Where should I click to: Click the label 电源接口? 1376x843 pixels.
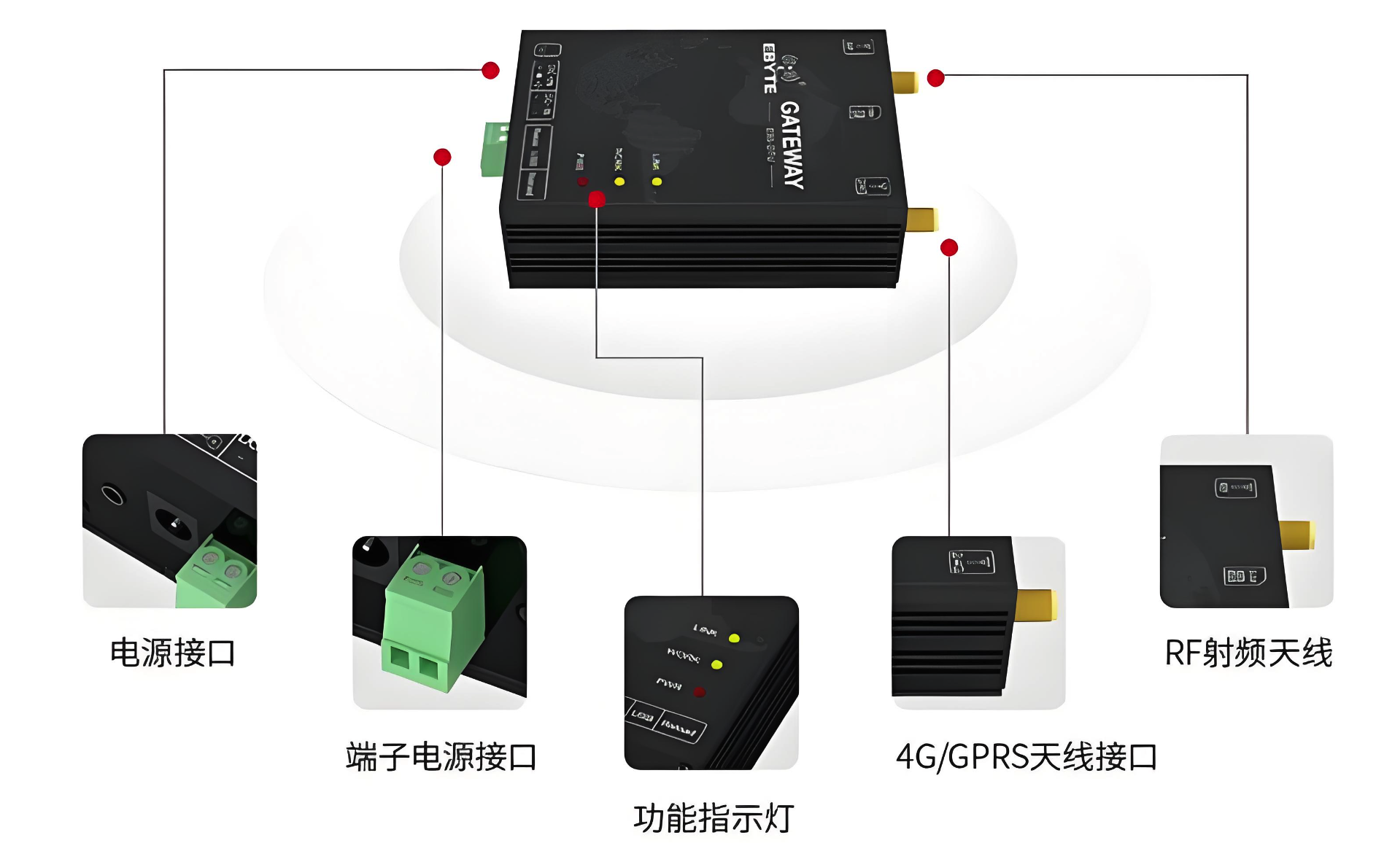(x=172, y=653)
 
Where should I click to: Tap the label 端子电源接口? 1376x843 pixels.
(x=441, y=757)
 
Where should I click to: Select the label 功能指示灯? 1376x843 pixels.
(x=713, y=818)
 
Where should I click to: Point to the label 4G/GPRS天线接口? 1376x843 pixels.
(x=1026, y=757)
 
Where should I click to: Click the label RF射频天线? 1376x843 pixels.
(x=1248, y=653)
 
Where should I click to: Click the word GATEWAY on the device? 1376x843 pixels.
(x=792, y=144)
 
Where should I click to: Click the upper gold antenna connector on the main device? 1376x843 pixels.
(x=905, y=82)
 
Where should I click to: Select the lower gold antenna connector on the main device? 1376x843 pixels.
(x=921, y=219)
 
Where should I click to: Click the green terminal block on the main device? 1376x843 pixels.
(x=495, y=149)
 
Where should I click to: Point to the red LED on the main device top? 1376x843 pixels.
(x=581, y=181)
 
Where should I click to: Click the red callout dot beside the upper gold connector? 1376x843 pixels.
(x=936, y=78)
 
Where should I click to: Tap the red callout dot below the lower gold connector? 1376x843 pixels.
(x=949, y=248)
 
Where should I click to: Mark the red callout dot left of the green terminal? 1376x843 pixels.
(x=442, y=157)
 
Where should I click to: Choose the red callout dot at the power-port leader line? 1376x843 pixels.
(x=490, y=70)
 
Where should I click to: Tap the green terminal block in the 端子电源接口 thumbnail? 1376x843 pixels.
(x=430, y=620)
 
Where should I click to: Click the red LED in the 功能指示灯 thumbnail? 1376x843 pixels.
(x=699, y=691)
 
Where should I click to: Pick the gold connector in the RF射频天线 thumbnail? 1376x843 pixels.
(x=1296, y=535)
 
